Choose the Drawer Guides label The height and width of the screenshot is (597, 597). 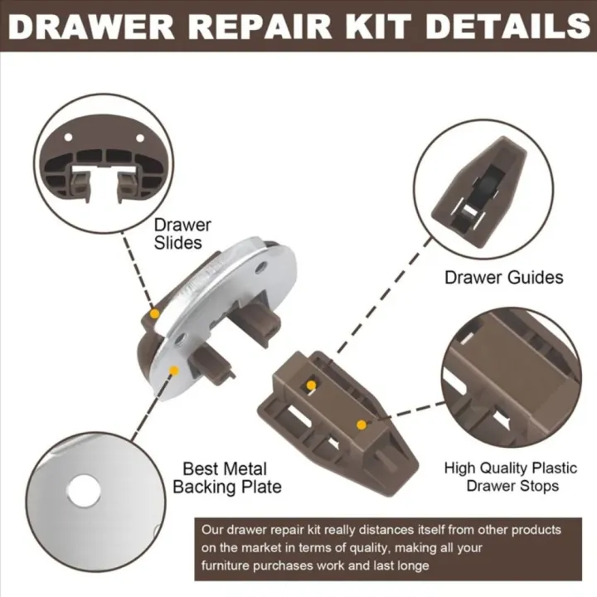click(503, 277)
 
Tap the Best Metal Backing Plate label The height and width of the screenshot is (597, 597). click(226, 478)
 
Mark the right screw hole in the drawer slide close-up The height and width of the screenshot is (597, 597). click(139, 138)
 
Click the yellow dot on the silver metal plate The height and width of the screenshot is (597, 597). click(173, 371)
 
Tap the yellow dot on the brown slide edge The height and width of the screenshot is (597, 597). click(155, 313)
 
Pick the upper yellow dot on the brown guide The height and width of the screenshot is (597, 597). click(311, 385)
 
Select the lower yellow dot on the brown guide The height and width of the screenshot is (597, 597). click(361, 424)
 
